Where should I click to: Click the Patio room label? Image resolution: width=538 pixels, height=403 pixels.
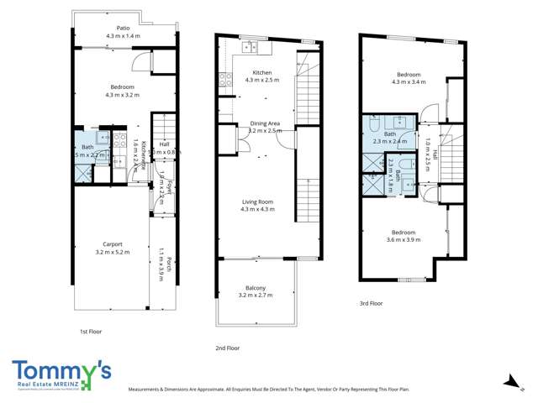[x=124, y=28]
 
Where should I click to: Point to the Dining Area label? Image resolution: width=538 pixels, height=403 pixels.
[x=265, y=123]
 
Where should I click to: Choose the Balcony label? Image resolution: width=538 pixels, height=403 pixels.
[x=256, y=288]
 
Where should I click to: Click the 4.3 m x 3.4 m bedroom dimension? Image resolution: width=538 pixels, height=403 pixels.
[x=409, y=82]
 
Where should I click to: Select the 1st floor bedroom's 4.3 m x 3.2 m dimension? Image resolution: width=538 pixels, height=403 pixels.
[x=124, y=95]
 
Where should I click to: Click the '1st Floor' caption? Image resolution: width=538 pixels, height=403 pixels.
[x=90, y=332]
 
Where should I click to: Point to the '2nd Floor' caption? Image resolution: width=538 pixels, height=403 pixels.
[x=227, y=348]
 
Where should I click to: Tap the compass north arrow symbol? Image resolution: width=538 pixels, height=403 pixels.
[x=508, y=381]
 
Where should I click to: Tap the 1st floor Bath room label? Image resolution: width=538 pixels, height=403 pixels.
[x=87, y=147]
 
